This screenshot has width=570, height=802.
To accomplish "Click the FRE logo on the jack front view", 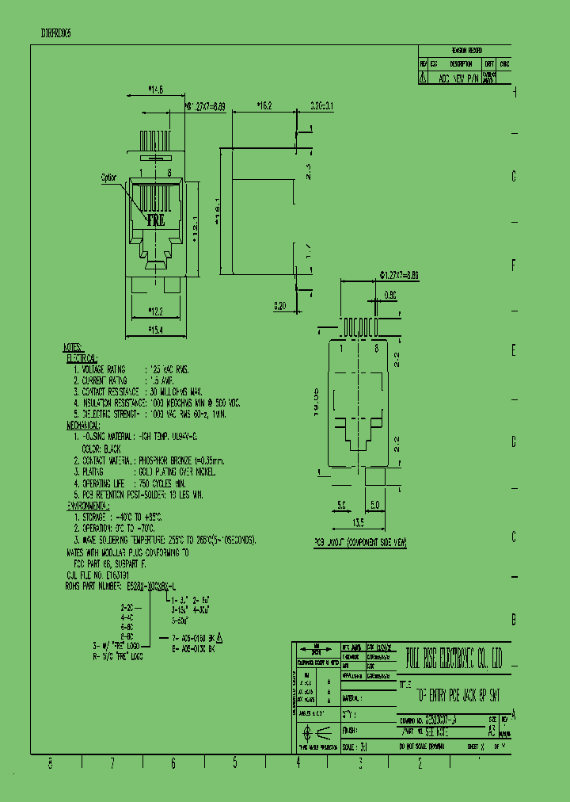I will point(156,220).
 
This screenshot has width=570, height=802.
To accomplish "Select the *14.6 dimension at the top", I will point(155,90).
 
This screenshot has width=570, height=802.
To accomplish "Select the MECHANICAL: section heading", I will point(86,425).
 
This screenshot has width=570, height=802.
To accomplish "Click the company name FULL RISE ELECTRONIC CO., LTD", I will point(453,657).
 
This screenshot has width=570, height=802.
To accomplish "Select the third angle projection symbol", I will point(316,733).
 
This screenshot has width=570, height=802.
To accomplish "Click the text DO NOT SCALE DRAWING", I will point(427,747).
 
